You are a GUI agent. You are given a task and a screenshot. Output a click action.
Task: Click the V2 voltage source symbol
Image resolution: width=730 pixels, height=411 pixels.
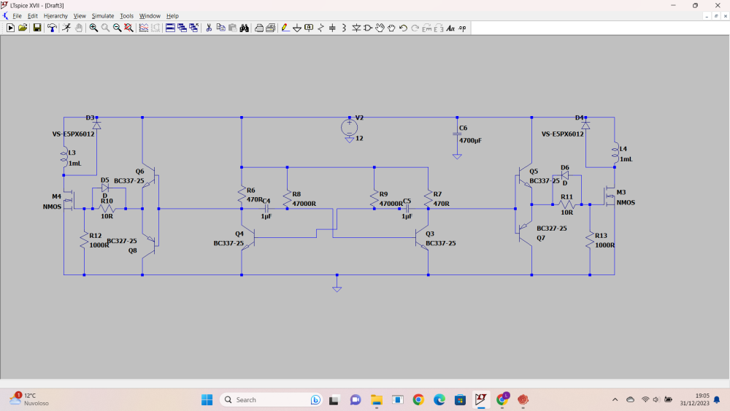pos(349,127)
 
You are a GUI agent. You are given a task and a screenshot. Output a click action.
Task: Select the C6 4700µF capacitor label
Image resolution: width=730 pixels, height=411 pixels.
pos(470,139)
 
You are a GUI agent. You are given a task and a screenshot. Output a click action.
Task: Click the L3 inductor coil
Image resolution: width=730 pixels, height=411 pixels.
pos(64,155)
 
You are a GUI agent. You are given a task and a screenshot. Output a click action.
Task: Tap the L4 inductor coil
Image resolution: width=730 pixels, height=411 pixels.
pos(615,153)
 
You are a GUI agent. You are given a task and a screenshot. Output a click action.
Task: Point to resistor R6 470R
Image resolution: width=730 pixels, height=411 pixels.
pos(242,194)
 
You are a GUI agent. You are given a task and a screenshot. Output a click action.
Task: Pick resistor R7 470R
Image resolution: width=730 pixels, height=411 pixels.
pos(428,195)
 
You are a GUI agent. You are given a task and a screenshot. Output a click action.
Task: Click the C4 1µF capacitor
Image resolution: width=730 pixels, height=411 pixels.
pos(266,208)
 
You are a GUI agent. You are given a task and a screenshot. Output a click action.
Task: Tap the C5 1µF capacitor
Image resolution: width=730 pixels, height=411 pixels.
pos(407,208)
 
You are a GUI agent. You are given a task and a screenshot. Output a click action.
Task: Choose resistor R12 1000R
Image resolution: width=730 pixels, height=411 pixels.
pos(84,240)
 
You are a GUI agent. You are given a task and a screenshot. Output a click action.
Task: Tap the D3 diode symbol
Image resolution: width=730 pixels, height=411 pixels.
pos(96,126)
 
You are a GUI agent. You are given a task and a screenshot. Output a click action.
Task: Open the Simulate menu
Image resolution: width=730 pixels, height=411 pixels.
pos(102,16)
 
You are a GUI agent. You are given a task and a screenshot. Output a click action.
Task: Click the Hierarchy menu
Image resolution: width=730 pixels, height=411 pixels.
pos(55,16)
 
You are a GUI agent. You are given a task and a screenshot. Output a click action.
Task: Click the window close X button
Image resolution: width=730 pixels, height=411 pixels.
pos(717,5)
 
